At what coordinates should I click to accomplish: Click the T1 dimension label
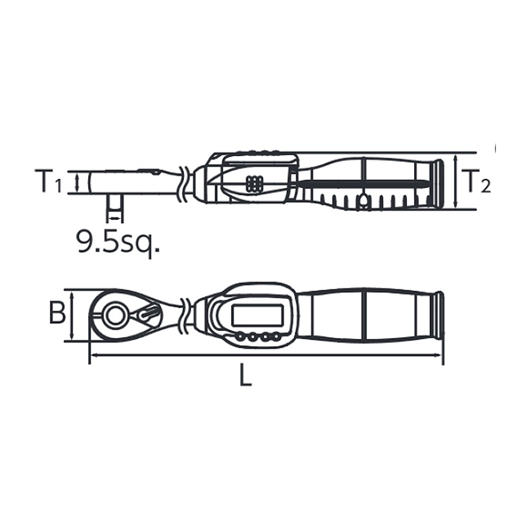click(x=48, y=182)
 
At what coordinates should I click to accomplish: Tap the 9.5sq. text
click(x=118, y=242)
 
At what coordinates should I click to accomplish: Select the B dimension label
click(x=57, y=314)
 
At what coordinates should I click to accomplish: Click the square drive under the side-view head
click(x=115, y=208)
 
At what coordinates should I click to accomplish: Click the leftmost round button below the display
click(x=241, y=337)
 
